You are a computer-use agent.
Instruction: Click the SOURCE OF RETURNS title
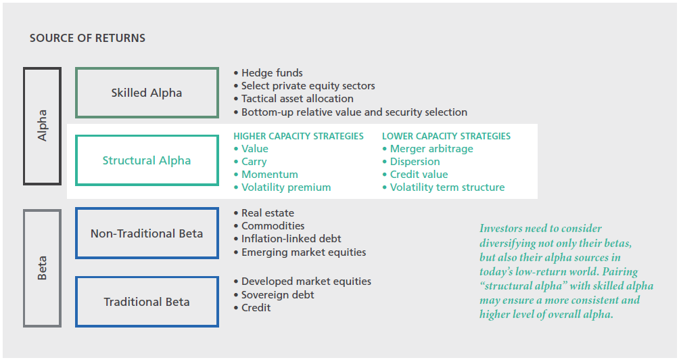point(87,38)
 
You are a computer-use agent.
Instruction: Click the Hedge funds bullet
point(268,73)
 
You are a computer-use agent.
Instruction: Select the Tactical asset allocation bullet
point(294,99)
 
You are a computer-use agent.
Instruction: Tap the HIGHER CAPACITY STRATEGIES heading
point(298,136)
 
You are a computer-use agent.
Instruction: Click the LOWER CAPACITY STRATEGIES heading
point(446,136)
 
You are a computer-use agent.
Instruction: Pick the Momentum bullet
point(266,175)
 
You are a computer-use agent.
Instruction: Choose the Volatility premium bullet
point(282,187)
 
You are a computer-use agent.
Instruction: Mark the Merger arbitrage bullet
point(428,149)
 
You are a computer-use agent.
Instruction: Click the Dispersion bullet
point(411,162)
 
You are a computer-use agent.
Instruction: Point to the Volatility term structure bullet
point(444,187)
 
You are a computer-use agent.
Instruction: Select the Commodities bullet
point(269,226)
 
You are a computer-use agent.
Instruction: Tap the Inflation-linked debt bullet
point(287,239)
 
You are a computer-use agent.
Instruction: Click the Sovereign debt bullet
point(274,295)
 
